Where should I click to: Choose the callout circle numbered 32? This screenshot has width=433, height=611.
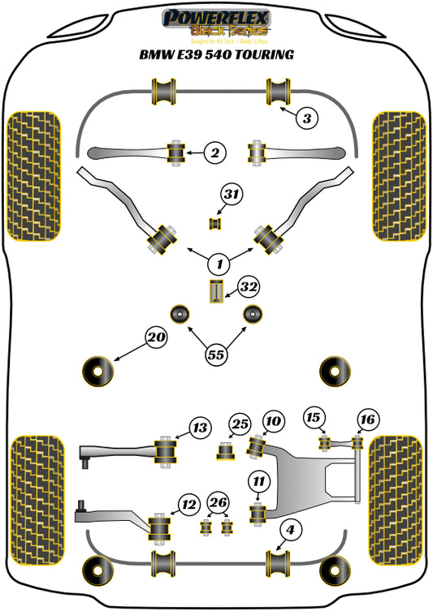point(248,286)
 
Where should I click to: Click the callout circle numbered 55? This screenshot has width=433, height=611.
point(217,354)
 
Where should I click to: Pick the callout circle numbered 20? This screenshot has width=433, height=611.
point(156,337)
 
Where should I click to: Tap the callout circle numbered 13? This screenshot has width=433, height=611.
point(200,427)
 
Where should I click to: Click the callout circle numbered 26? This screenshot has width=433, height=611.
point(217,504)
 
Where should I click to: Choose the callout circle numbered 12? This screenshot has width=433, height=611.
point(188,505)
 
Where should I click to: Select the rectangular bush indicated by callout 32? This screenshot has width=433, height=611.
point(217,291)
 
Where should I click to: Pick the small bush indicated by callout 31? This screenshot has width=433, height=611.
point(216,223)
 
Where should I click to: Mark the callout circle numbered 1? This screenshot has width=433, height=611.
point(218,263)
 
